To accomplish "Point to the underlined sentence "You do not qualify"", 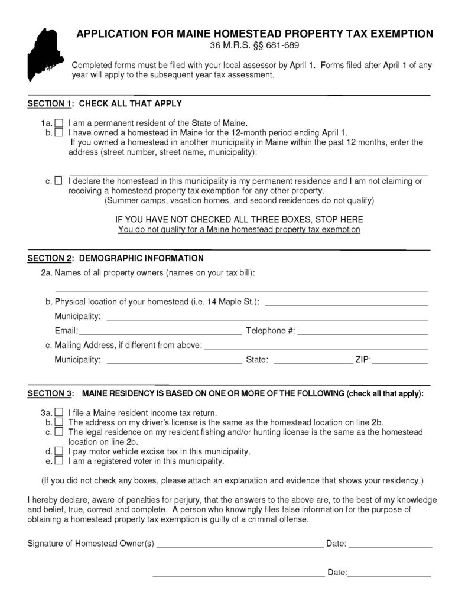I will click(x=239, y=229).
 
